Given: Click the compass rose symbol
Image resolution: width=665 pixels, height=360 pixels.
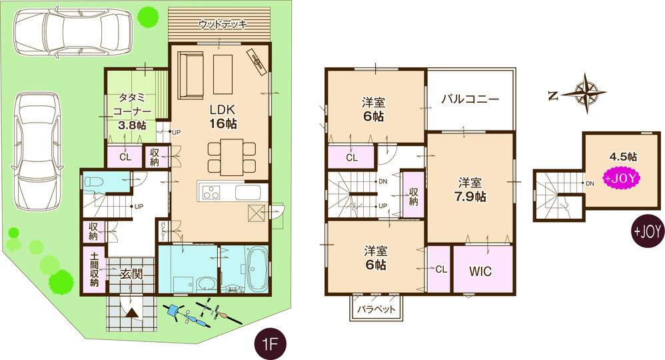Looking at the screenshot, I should pyautogui.click(x=587, y=91).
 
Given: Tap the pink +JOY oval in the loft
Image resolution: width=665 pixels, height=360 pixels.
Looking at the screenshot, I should pyautogui.click(x=621, y=178).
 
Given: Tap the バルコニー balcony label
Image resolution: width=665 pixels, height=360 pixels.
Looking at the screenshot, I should pyautogui.click(x=470, y=99).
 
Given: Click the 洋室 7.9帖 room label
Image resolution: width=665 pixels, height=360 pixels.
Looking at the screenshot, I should pyautogui.click(x=470, y=189).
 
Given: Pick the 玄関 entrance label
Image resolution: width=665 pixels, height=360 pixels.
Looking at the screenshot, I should pyautogui.click(x=131, y=273).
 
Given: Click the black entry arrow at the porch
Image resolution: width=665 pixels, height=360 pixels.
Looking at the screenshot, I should pyautogui.click(x=132, y=312).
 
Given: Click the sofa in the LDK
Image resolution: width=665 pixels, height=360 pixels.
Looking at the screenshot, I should pyautogui.click(x=190, y=75).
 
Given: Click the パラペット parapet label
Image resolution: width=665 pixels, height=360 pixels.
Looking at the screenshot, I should pyautogui.click(x=375, y=309).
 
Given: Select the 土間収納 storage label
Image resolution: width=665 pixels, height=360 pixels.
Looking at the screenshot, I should pyautogui.click(x=93, y=270).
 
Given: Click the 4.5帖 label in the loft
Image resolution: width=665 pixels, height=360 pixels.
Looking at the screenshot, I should pyautogui.click(x=623, y=157).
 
